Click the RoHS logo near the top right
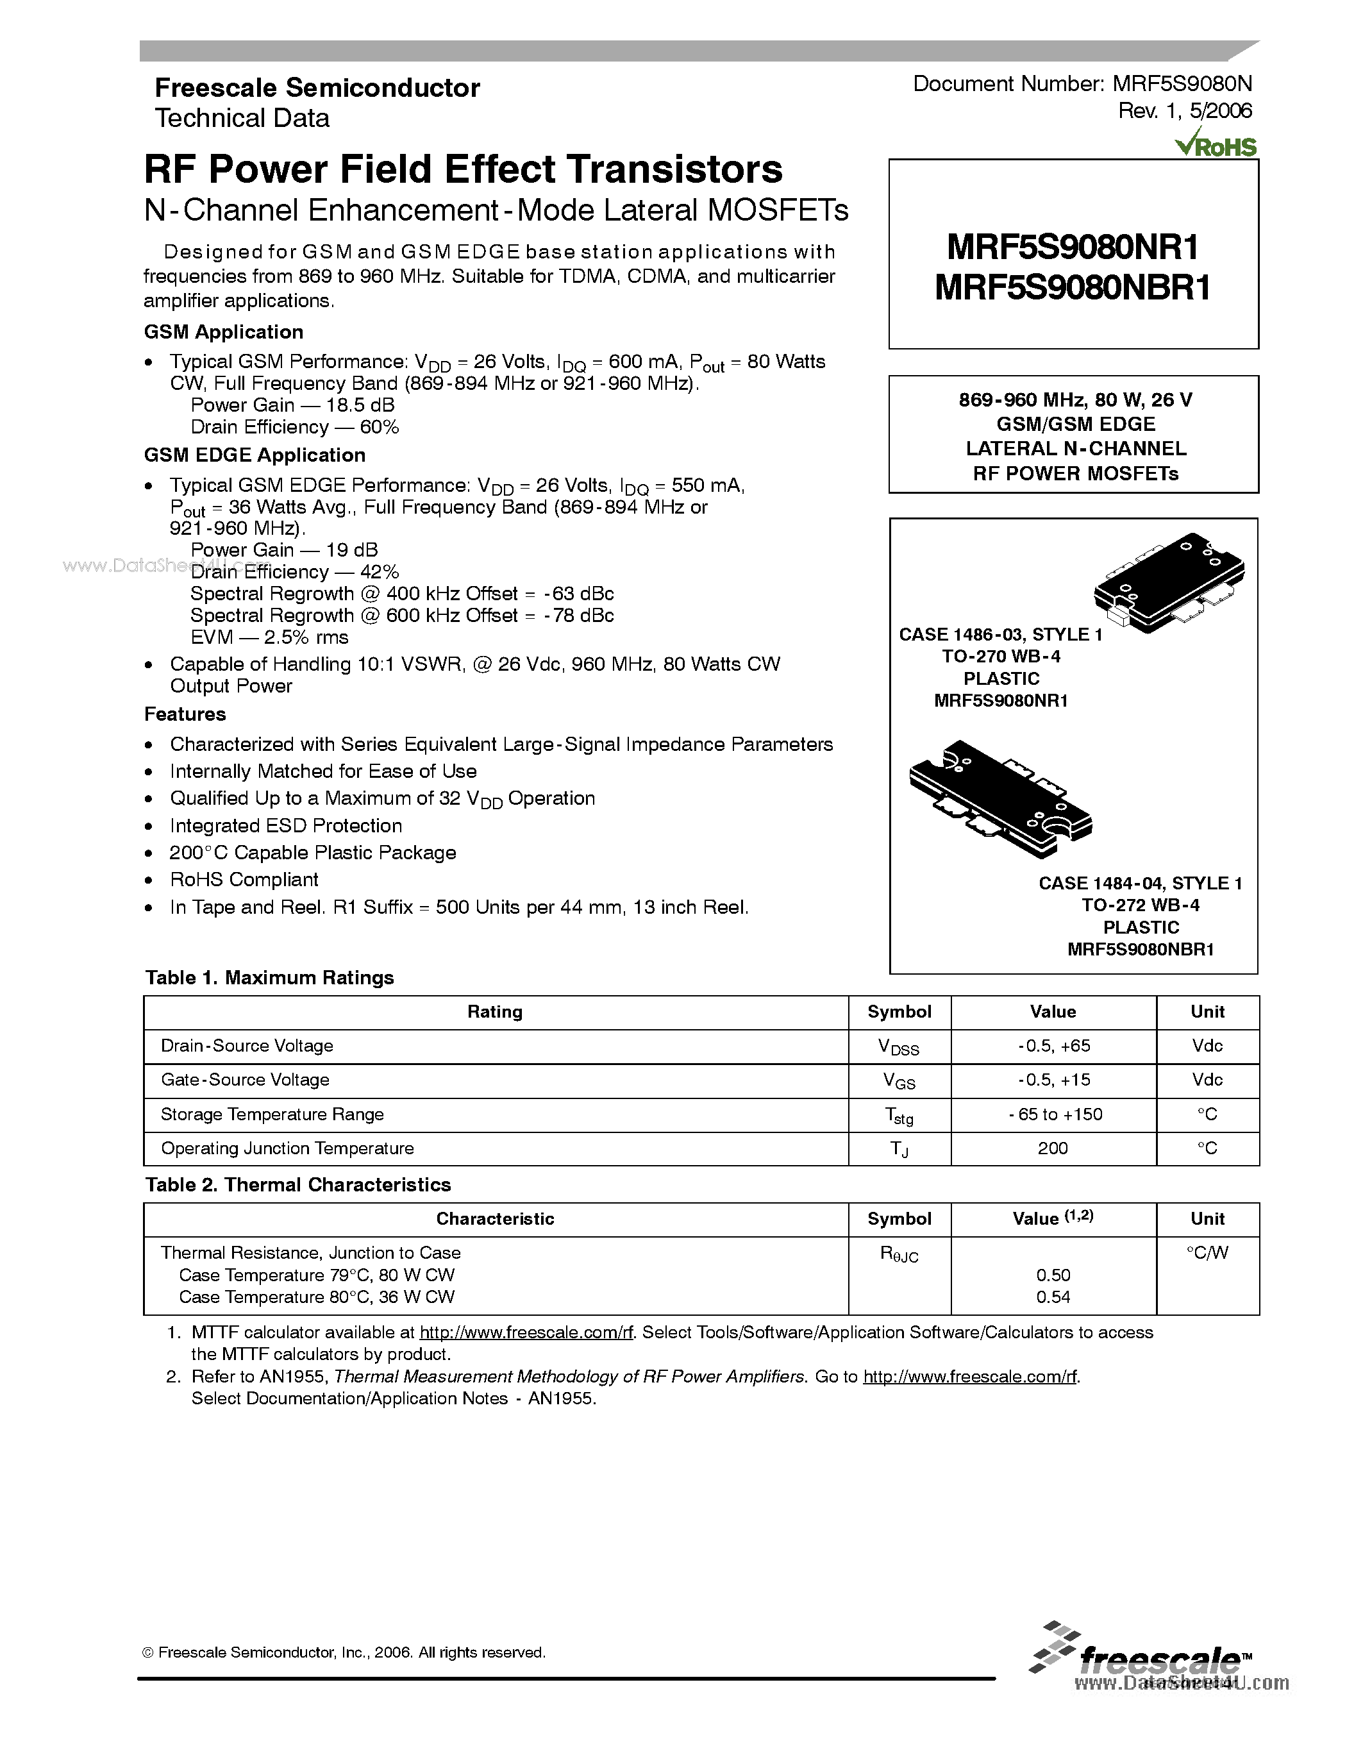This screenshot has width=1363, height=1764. click(x=1216, y=144)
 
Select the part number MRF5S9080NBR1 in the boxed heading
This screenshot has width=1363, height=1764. click(x=1073, y=289)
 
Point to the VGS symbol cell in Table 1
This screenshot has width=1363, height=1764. click(x=899, y=1080)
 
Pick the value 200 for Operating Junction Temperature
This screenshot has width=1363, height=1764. click(x=1053, y=1148)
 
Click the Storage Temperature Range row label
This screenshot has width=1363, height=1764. click(x=272, y=1114)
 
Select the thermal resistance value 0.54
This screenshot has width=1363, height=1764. click(x=1053, y=1297)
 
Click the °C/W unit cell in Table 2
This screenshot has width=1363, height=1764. click(x=1207, y=1253)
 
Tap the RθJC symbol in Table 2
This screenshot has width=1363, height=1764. click(x=899, y=1254)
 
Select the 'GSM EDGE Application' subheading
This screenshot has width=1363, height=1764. click(x=255, y=455)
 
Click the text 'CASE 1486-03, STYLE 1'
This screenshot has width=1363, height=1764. click(x=999, y=635)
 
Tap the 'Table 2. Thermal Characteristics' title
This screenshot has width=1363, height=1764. click(x=298, y=1185)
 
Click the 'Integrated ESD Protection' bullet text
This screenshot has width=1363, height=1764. click(x=286, y=825)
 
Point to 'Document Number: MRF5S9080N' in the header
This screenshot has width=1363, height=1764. click(x=1082, y=84)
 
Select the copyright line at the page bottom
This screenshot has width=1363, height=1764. click(x=344, y=1652)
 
